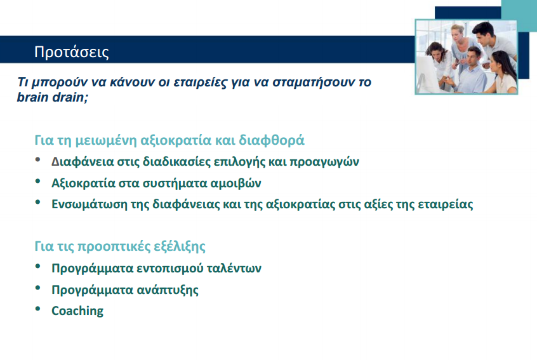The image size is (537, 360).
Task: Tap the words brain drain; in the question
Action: [52, 98]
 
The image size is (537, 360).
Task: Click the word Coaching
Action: [77, 311]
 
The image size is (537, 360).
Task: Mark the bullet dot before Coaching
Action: [39, 310]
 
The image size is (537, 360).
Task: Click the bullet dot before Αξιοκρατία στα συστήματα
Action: [39, 182]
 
